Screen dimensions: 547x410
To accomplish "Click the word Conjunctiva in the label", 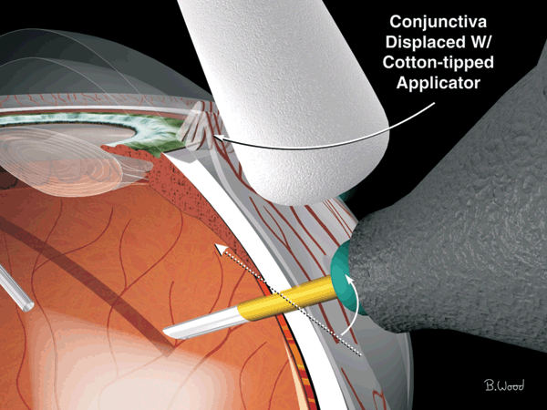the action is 438,22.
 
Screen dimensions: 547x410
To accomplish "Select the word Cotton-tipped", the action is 439,63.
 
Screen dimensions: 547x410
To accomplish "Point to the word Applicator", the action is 439,83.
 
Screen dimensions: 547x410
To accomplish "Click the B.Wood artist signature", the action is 504,384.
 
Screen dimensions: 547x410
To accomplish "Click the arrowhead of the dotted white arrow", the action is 220,248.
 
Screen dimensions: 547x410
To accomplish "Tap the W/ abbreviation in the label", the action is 479,42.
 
